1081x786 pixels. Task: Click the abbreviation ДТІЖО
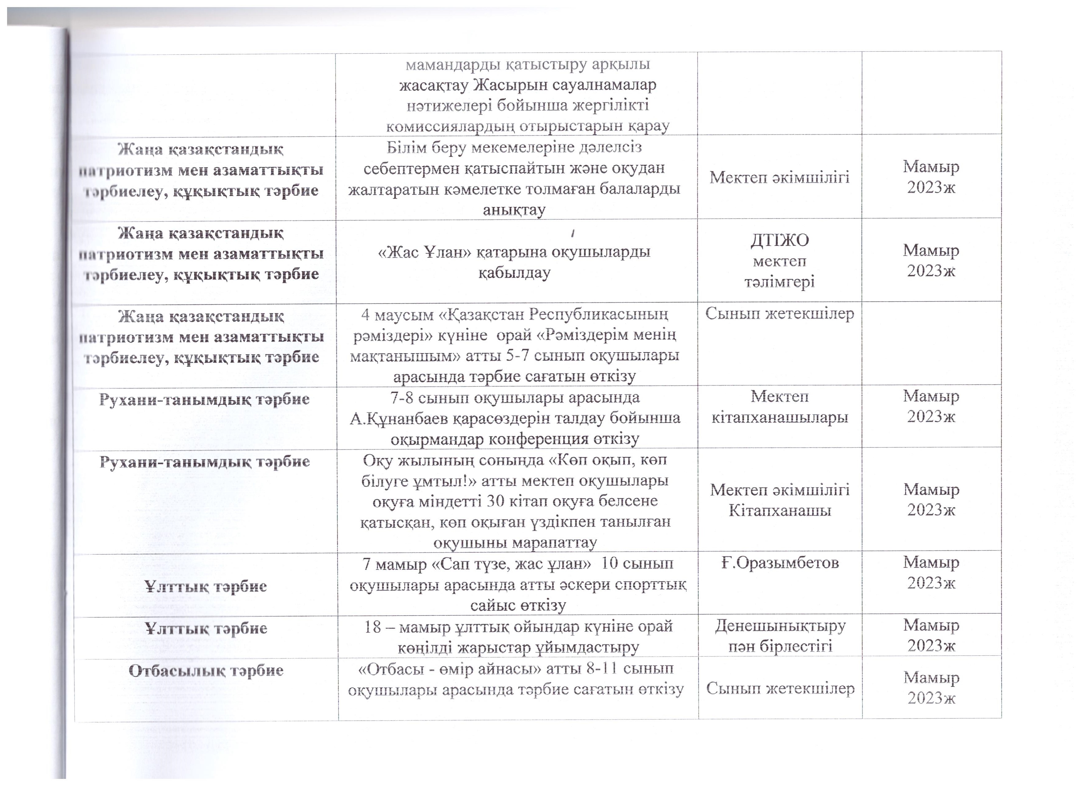coord(780,240)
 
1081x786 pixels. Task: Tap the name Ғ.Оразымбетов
coord(780,563)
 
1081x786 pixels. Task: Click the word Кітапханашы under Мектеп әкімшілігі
coord(780,510)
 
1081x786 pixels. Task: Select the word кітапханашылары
coord(780,418)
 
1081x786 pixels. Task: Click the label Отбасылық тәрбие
coord(206,670)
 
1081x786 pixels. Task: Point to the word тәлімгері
coord(780,282)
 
